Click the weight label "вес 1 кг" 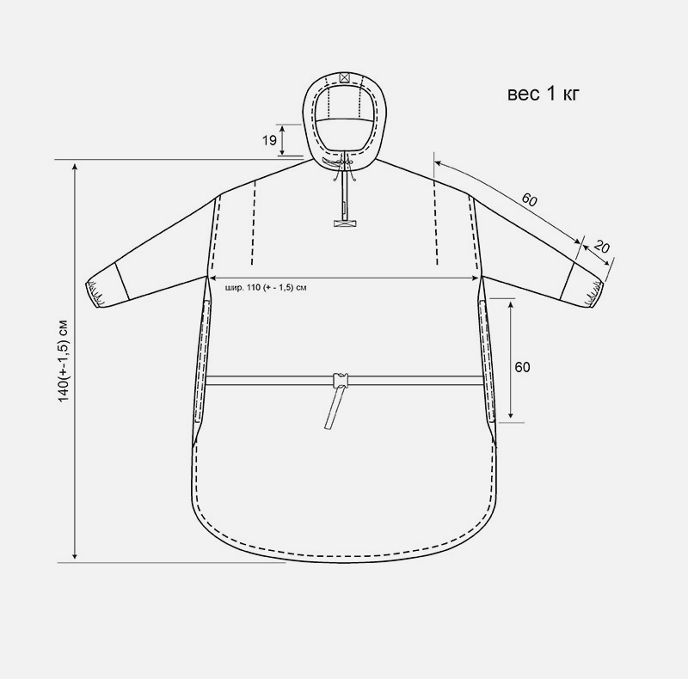(544, 94)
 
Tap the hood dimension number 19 (269, 140)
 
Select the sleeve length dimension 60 (529, 199)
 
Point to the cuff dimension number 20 (601, 247)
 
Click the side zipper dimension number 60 (522, 367)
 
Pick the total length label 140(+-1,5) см (64, 360)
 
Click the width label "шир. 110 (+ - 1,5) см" (266, 288)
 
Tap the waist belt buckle (341, 380)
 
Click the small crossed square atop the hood (345, 77)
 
